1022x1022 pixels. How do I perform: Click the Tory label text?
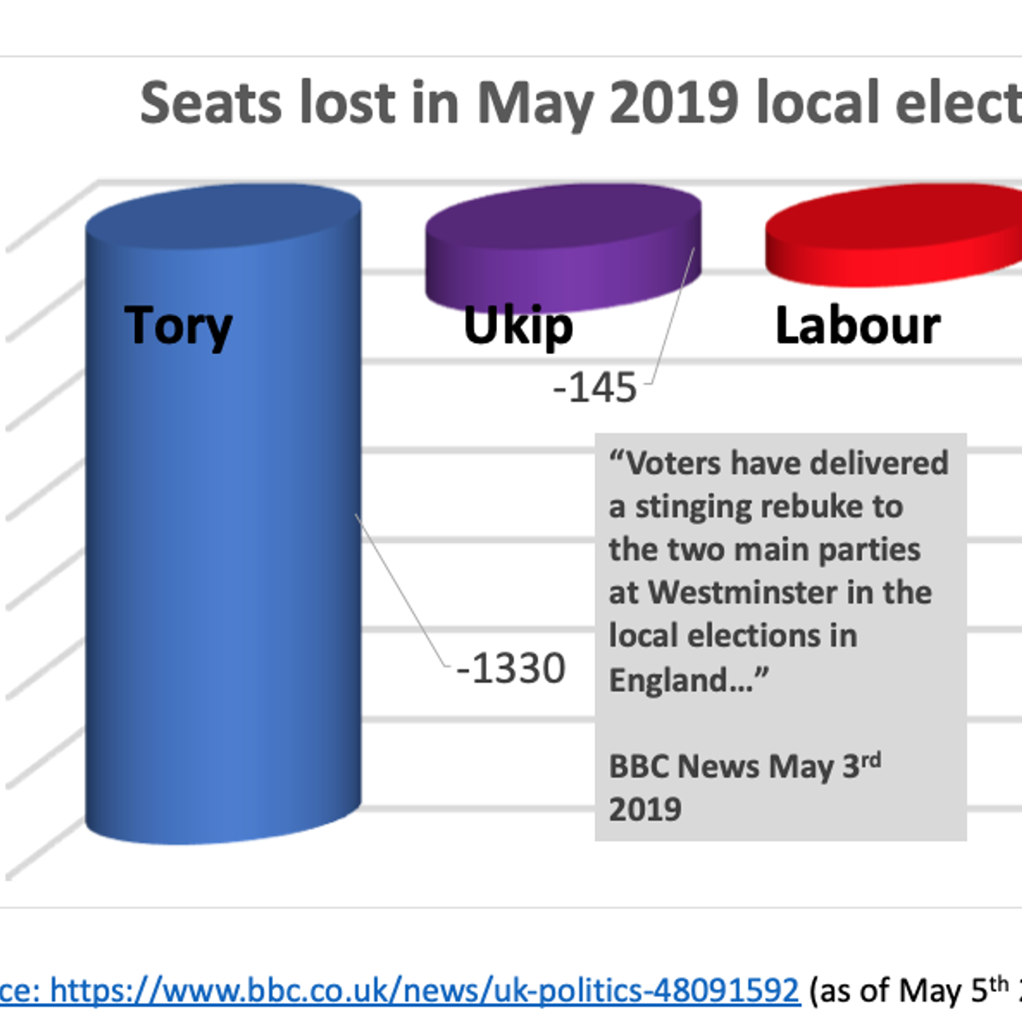click(178, 326)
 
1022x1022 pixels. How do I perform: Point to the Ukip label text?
click(518, 326)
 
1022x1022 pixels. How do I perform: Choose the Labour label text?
click(858, 326)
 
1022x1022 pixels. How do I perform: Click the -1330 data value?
click(511, 668)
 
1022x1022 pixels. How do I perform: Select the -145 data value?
click(595, 387)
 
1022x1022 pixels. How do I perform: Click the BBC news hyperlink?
click(423, 991)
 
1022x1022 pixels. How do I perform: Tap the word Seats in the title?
click(211, 103)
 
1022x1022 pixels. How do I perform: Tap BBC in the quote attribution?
click(637, 766)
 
